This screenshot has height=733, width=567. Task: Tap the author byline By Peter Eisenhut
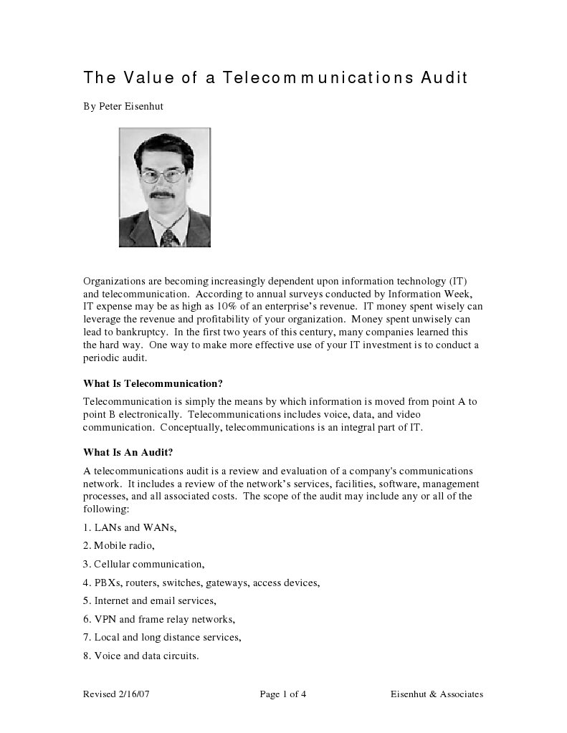tap(123, 106)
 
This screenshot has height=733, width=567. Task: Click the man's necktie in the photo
tap(168, 236)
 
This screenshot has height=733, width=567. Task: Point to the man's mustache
tap(164, 194)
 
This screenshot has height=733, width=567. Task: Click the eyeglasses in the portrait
tap(163, 174)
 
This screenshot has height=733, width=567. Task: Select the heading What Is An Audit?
tap(128, 452)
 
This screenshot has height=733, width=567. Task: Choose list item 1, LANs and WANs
tap(130, 527)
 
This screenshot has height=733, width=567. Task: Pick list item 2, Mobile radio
tap(119, 545)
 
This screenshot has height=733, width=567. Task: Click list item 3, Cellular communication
tap(144, 564)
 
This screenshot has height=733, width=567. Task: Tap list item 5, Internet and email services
tap(150, 600)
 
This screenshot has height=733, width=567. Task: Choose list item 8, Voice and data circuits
tap(141, 656)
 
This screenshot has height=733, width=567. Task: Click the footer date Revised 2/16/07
tap(117, 694)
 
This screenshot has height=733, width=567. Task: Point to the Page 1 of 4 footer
tap(283, 694)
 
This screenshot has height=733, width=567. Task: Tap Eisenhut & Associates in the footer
tap(437, 694)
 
